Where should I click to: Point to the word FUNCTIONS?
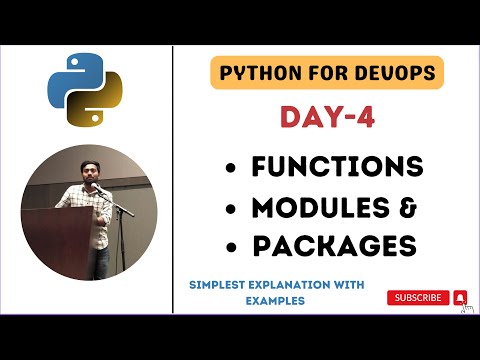tap(338, 166)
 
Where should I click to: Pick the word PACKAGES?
tap(334, 245)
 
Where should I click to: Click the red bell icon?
tap(460, 297)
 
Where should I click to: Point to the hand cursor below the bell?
tap(466, 309)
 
